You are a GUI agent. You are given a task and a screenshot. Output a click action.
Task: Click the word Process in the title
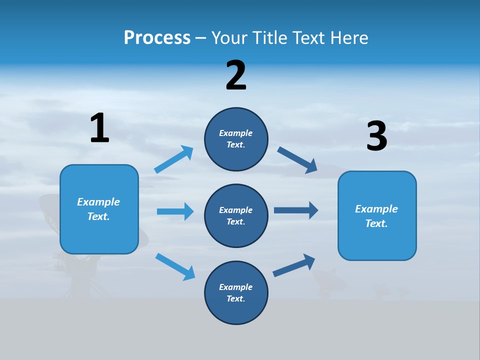point(157,37)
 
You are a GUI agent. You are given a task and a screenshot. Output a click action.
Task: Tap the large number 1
point(99,128)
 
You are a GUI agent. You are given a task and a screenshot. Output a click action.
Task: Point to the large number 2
point(236,75)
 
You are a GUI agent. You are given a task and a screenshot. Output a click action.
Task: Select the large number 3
point(376,136)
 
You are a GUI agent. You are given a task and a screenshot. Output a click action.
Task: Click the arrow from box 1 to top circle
point(173,159)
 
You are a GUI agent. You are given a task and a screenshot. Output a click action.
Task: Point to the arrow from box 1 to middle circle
point(175,211)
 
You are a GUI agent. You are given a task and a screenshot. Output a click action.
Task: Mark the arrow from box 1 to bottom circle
point(175,266)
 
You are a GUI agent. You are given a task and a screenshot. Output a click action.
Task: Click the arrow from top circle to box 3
point(297,160)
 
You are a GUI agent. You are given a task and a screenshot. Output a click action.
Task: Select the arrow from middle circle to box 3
point(296,210)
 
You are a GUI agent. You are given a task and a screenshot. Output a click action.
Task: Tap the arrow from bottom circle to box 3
point(294,265)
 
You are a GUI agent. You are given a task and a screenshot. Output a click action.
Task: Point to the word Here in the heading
point(350,37)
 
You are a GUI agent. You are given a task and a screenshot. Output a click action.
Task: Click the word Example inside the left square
point(98,202)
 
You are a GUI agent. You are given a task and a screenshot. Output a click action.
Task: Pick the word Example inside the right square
point(376,209)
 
